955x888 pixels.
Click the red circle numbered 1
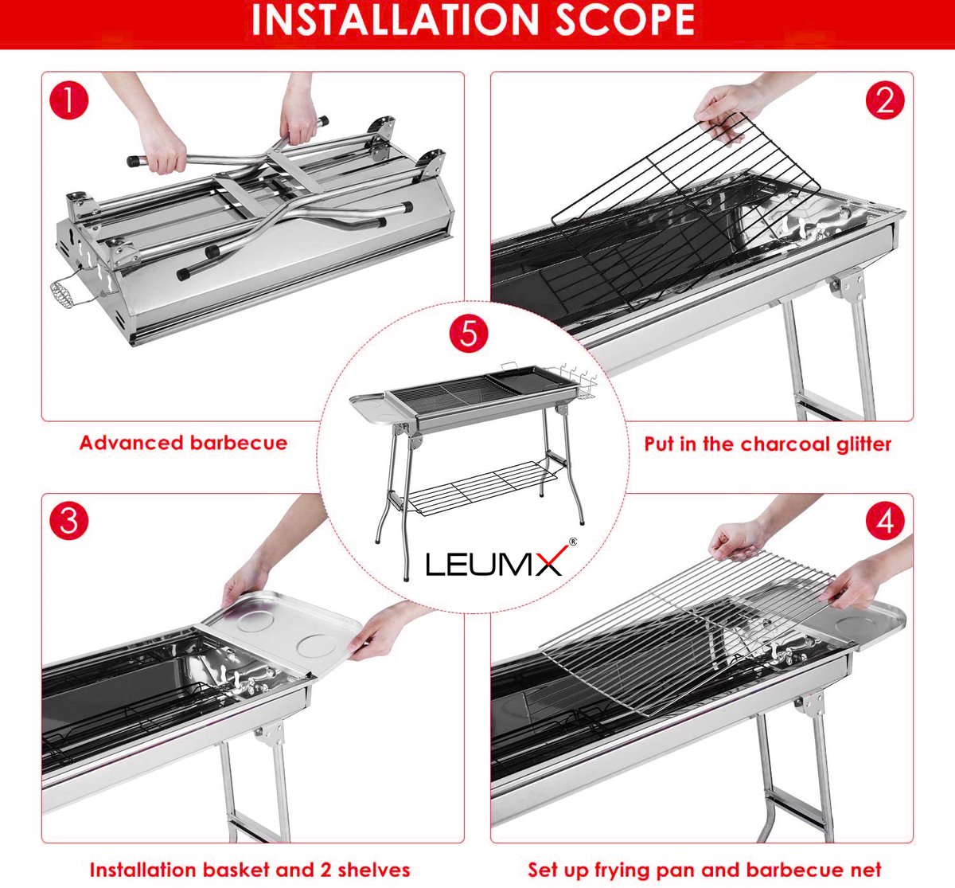pos(68,101)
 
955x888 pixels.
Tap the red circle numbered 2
pos(885,101)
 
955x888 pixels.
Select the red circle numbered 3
pos(69,522)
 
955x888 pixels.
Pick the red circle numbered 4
pos(885,522)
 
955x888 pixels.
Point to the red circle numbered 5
pos(468,332)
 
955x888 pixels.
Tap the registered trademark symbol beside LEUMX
pos(573,541)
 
